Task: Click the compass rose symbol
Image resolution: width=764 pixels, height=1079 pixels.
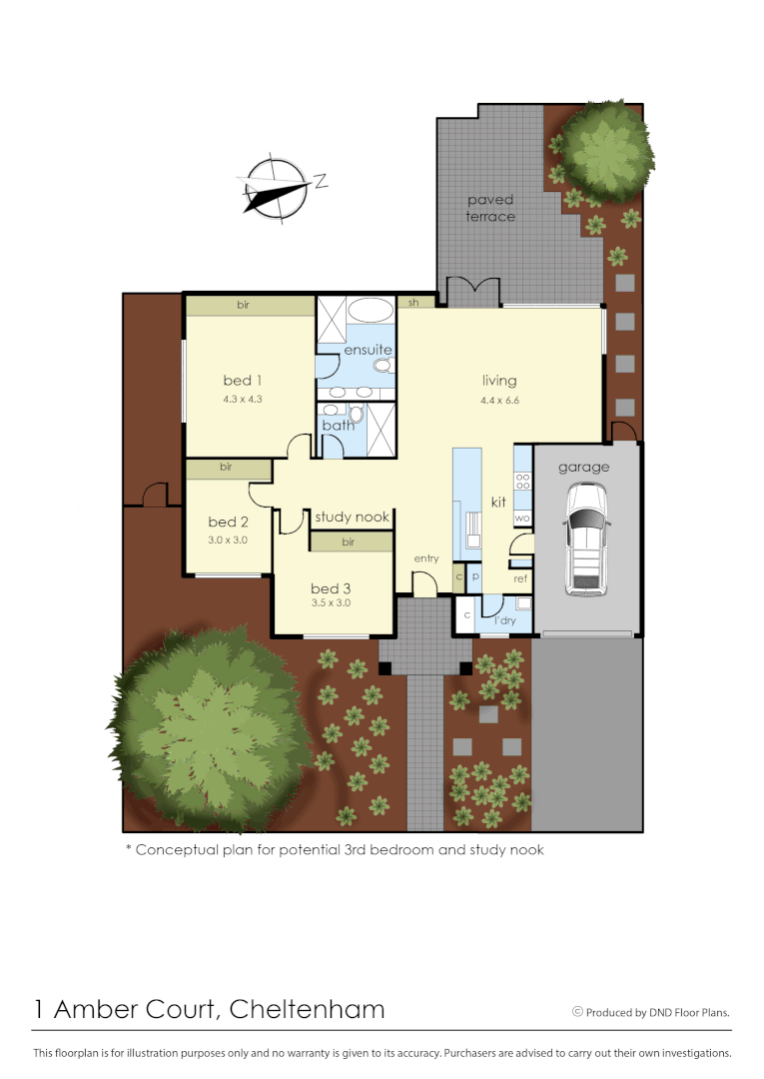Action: [x=273, y=187]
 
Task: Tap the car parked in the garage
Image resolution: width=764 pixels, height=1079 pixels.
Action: [x=585, y=539]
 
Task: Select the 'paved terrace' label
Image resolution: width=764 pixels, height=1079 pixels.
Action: [x=491, y=208]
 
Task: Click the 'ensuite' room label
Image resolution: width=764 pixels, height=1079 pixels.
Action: [x=368, y=350]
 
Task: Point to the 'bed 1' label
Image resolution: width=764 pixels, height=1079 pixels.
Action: [x=242, y=380]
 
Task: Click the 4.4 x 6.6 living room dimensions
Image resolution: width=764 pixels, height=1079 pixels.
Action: [x=499, y=400]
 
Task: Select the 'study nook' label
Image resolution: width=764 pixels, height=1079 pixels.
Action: [x=352, y=518]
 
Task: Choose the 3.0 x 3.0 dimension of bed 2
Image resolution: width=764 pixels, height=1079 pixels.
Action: [x=228, y=539]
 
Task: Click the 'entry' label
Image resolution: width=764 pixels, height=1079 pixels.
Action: [x=425, y=558]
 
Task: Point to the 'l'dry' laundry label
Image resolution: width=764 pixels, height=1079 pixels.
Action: [x=506, y=621]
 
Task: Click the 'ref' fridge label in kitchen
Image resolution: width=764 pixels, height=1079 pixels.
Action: [x=520, y=578]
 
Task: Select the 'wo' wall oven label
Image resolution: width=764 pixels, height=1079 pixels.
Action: [x=521, y=518]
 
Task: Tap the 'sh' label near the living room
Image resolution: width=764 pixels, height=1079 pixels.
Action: [x=412, y=301]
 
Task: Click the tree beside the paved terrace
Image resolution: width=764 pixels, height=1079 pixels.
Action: [x=604, y=148]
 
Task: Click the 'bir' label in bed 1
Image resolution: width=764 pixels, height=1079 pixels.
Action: [x=243, y=305]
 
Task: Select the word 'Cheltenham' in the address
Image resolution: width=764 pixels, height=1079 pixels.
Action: [x=307, y=1009]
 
